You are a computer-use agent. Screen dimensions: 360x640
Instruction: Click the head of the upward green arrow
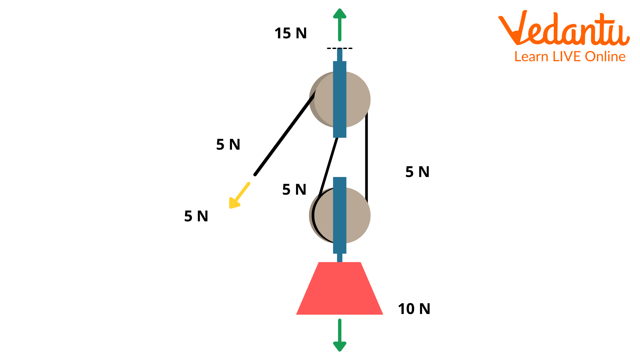click(x=340, y=14)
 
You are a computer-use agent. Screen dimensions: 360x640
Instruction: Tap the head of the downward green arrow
click(x=340, y=346)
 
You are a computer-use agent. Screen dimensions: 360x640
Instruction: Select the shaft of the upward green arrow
click(x=340, y=30)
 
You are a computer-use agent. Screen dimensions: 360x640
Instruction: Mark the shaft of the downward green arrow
click(x=340, y=330)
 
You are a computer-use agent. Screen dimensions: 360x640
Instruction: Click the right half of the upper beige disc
click(x=358, y=99)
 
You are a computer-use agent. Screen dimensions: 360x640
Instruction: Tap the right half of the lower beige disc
click(x=358, y=215)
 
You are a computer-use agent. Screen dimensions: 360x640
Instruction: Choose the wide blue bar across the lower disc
click(x=340, y=215)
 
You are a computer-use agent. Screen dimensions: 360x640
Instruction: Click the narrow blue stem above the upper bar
click(x=340, y=55)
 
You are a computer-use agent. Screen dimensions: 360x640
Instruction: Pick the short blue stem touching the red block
click(x=340, y=258)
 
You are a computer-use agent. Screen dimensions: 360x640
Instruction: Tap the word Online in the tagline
click(x=605, y=57)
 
